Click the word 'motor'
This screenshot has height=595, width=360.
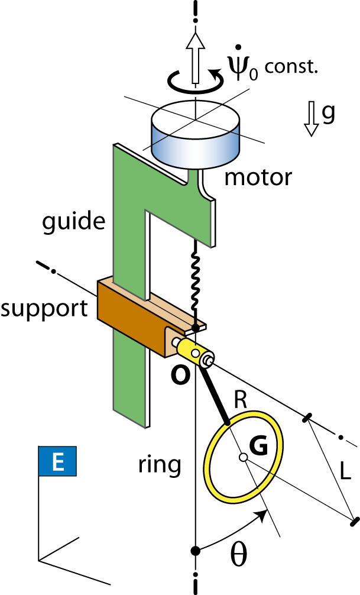(x=258, y=177)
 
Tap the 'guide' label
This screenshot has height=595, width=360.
(x=73, y=222)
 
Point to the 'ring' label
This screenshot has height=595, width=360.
(x=160, y=465)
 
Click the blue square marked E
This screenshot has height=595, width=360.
(x=57, y=461)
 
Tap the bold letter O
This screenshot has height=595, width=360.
(x=180, y=376)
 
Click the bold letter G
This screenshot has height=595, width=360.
(x=258, y=446)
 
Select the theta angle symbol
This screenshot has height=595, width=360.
(x=239, y=556)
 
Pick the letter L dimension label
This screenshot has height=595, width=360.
(x=345, y=473)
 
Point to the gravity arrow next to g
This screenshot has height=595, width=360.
(x=312, y=118)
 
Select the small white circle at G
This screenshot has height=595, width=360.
(x=244, y=458)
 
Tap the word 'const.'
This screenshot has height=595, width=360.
(x=291, y=67)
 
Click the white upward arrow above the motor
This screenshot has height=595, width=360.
(x=195, y=58)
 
